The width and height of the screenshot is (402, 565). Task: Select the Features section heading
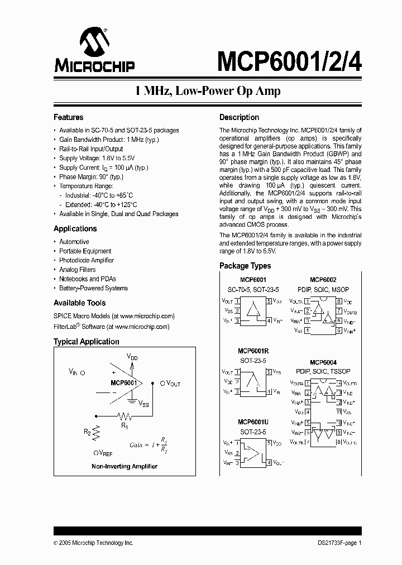[68, 117]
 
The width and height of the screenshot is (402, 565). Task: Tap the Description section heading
[239, 117]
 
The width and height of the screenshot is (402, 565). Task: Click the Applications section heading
[75, 228]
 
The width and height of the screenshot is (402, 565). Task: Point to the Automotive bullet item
[74, 242]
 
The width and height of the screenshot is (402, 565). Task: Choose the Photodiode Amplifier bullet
[86, 260]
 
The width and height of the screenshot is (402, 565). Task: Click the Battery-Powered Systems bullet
[93, 288]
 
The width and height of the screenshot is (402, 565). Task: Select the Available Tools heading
[79, 303]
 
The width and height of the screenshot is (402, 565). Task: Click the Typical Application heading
[86, 342]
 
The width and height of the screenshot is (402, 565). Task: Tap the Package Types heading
[245, 266]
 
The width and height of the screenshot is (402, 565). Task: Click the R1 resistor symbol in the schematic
[124, 416]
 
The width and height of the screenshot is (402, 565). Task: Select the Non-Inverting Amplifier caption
[124, 466]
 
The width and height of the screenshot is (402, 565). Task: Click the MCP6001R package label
[253, 351]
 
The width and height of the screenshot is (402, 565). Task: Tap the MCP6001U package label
[253, 422]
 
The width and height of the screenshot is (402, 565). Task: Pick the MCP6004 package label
[323, 362]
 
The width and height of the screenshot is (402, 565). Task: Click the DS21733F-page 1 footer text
[335, 543]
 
